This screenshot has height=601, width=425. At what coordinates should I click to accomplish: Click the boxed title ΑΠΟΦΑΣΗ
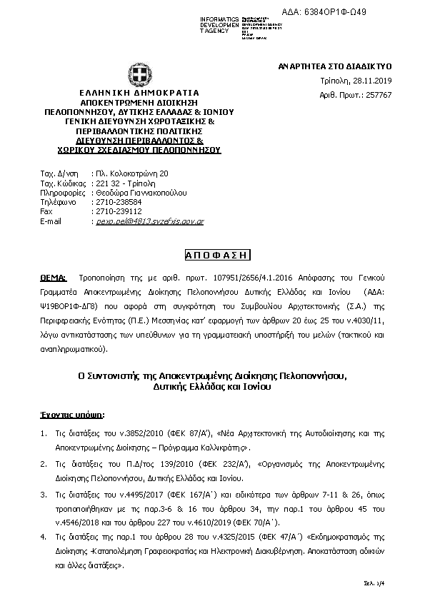tap(213, 254)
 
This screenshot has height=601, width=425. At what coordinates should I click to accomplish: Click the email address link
tap(150, 222)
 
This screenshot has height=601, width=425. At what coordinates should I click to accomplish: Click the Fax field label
tap(47, 212)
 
